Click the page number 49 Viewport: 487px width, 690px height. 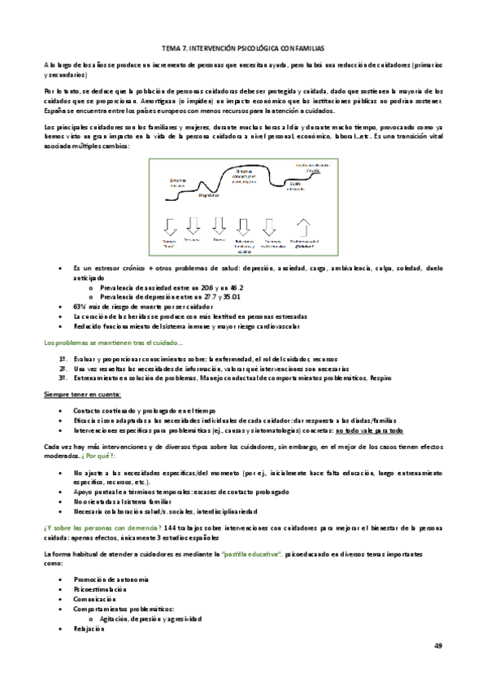[437, 645]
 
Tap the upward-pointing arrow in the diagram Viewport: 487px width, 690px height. [305, 225]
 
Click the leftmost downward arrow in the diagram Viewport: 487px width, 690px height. [169, 225]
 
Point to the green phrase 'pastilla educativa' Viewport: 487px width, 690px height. [251, 553]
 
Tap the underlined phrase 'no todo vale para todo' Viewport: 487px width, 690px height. [369, 430]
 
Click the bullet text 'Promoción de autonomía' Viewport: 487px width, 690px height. [111, 578]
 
